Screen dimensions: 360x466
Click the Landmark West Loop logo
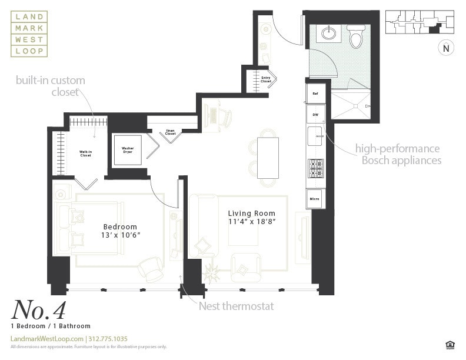(x=29, y=34)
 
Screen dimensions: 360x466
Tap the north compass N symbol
(x=445, y=49)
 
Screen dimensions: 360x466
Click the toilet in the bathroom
(x=355, y=37)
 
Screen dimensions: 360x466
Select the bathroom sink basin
(x=329, y=33)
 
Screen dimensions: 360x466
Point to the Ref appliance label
(x=315, y=94)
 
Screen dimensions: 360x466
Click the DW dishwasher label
(x=315, y=115)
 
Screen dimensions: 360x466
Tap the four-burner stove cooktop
(x=315, y=168)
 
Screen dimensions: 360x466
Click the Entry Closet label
(x=266, y=79)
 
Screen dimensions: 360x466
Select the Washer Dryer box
(x=128, y=150)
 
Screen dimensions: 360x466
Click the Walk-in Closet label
(x=85, y=154)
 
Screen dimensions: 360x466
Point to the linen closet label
(x=170, y=133)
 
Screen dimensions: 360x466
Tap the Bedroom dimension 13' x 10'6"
(x=120, y=235)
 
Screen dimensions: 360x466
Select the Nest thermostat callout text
(x=236, y=306)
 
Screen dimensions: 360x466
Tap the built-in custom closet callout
(x=51, y=86)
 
